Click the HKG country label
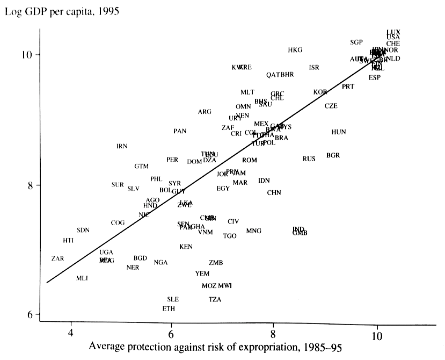pyautogui.click(x=295, y=50)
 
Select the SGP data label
pyautogui.click(x=356, y=42)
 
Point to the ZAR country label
pyautogui.click(x=57, y=258)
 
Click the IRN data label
pyautogui.click(x=122, y=146)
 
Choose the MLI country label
pyautogui.click(x=82, y=278)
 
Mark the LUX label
pyautogui.click(x=393, y=32)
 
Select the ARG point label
pyautogui.click(x=205, y=112)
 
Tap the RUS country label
pyautogui.click(x=309, y=159)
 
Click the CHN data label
pyautogui.click(x=274, y=192)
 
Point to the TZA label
pyautogui.click(x=215, y=299)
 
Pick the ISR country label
pyautogui.click(x=314, y=68)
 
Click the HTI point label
pyautogui.click(x=68, y=240)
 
